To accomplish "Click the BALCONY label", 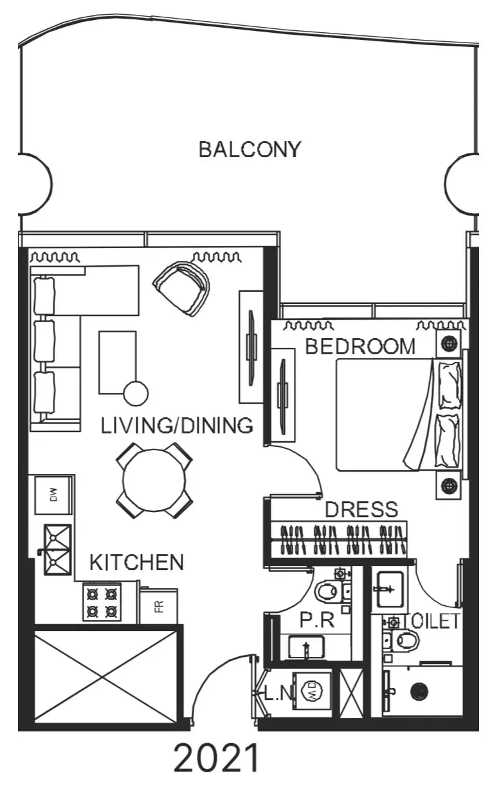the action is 250,149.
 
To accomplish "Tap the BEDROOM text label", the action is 360,346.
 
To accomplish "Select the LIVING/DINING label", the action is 177,426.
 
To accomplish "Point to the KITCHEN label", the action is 136,562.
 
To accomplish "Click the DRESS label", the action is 361,509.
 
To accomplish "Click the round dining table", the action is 154,480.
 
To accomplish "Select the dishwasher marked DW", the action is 53,495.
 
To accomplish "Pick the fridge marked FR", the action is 159,606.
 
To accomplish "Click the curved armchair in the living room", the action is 181,288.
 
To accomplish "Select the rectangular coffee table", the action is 117,363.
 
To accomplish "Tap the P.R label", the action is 317,619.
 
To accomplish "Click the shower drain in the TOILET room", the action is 419,692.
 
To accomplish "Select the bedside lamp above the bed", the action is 449,343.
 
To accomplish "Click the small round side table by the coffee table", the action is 136,393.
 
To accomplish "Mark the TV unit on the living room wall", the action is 251,347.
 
